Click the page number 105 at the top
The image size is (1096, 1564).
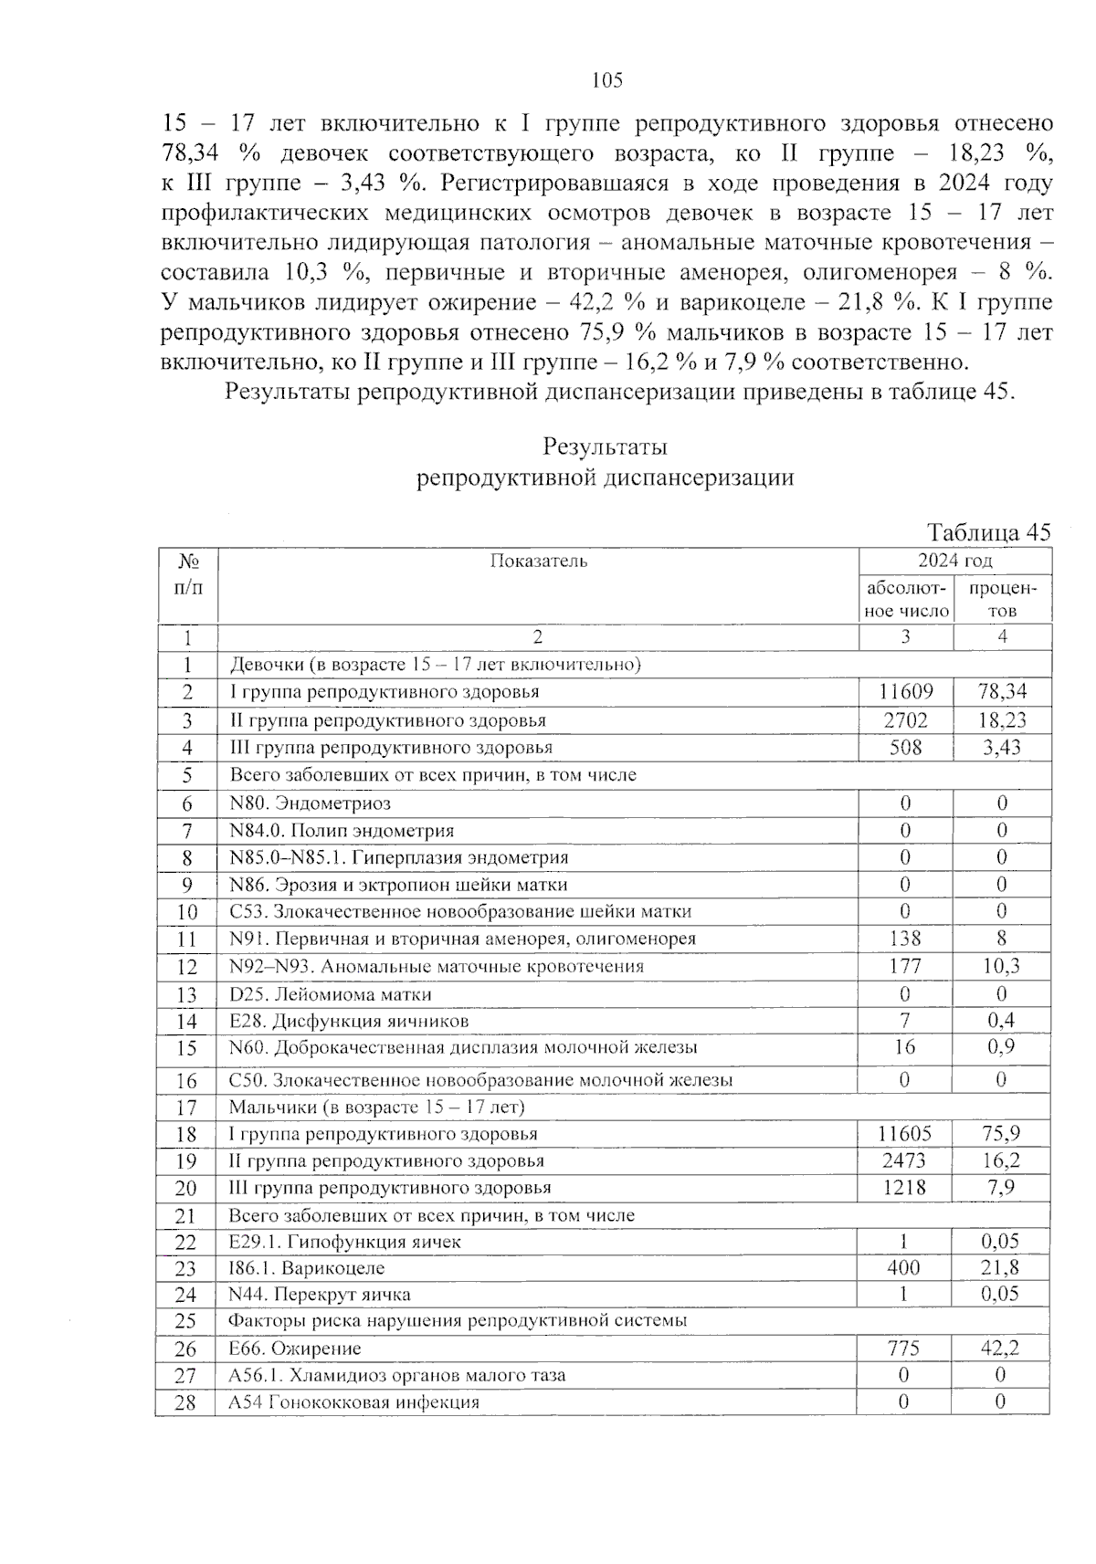(606, 80)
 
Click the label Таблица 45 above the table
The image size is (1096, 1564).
(988, 532)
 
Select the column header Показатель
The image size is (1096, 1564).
(538, 561)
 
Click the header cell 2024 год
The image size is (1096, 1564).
(954, 561)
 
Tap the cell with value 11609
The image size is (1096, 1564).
(905, 692)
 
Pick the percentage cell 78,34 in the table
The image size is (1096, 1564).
(1002, 692)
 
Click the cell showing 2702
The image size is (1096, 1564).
(905, 720)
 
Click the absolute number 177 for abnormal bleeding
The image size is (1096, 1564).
(904, 966)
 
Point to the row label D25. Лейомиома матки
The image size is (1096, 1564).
(330, 993)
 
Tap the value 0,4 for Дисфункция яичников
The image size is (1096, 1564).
(1001, 1021)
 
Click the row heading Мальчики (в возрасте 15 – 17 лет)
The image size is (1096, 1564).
(376, 1107)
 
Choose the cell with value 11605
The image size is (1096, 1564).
(904, 1134)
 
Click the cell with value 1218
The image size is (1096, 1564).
(904, 1188)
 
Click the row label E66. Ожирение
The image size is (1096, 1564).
(294, 1349)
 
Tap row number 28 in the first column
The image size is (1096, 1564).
(185, 1402)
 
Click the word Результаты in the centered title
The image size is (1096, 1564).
(605, 447)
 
